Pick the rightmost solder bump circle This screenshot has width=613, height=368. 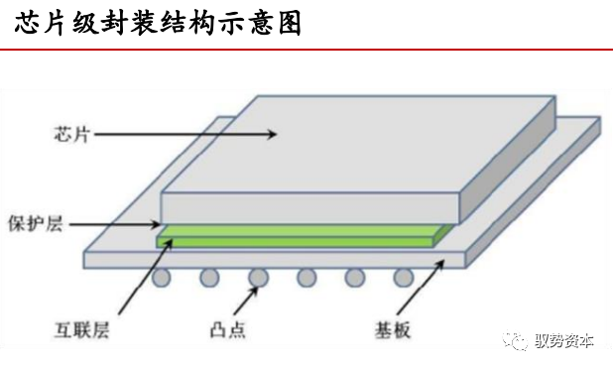point(403,277)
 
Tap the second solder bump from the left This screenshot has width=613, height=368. point(210,277)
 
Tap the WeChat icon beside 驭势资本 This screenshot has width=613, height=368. point(520,340)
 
